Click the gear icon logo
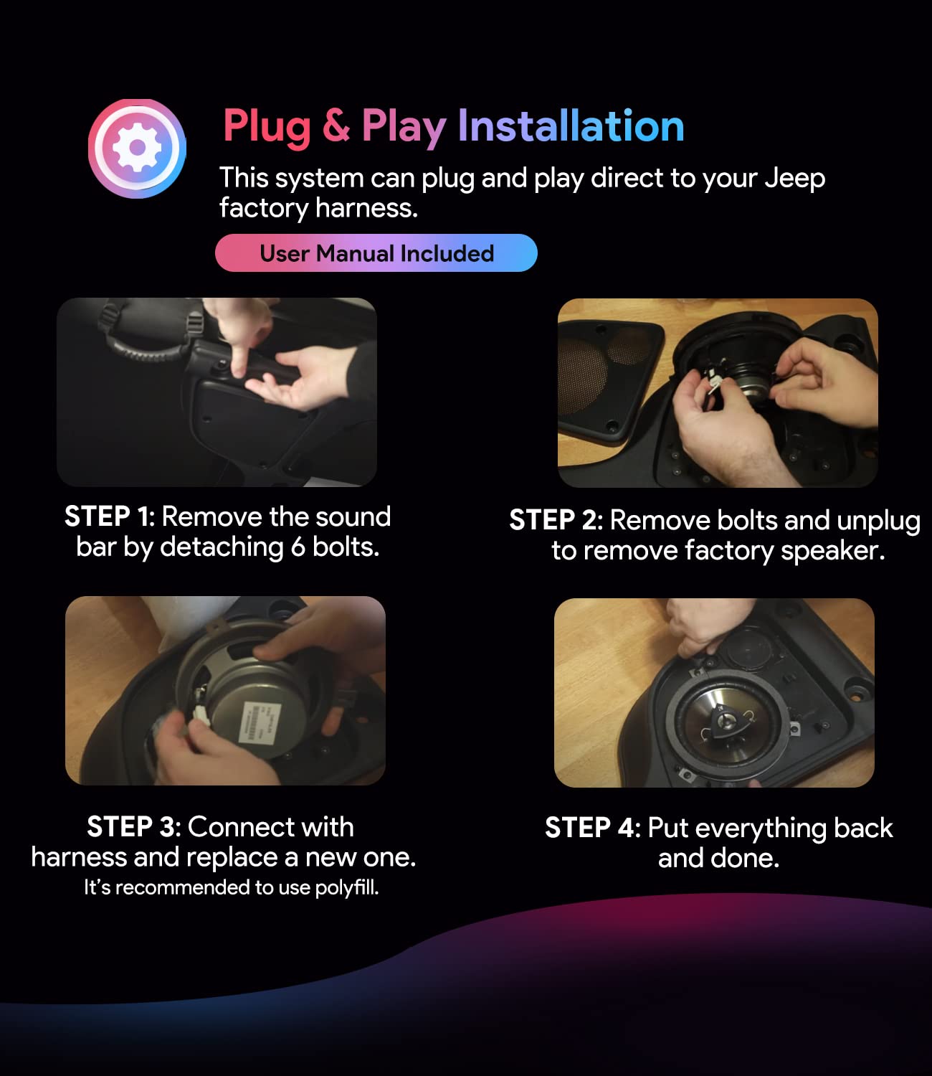137,148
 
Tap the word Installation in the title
571,126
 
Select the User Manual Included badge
376,253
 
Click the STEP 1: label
110,517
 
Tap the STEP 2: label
556,520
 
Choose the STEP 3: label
134,826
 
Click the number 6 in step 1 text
298,547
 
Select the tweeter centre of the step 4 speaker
723,720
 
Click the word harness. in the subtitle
366,208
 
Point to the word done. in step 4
745,859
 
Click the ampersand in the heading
336,126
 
